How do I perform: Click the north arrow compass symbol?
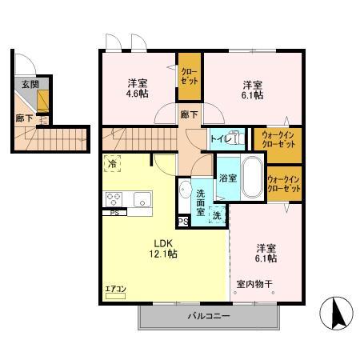[x=336, y=313]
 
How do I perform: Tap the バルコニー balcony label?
[x=209, y=316]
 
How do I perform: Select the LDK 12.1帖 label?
[x=163, y=249]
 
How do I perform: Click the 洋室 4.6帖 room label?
[x=138, y=89]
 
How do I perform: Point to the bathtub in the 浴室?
[x=252, y=177]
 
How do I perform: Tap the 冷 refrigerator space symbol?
[x=112, y=163]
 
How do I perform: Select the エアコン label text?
[x=115, y=289]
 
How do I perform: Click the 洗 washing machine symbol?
[x=217, y=215]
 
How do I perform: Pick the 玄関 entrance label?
[x=30, y=85]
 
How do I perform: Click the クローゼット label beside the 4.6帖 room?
[x=190, y=76]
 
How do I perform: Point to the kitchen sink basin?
[x=142, y=199]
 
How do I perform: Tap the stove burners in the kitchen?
[x=114, y=199]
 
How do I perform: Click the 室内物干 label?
[x=254, y=284]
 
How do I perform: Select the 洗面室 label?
[x=200, y=202]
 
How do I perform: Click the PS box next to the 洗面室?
[x=183, y=222]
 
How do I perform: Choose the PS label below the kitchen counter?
[x=114, y=213]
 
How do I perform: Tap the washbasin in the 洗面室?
[x=185, y=190]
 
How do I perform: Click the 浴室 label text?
[x=228, y=178]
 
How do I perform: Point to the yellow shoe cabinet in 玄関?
[x=43, y=101]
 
